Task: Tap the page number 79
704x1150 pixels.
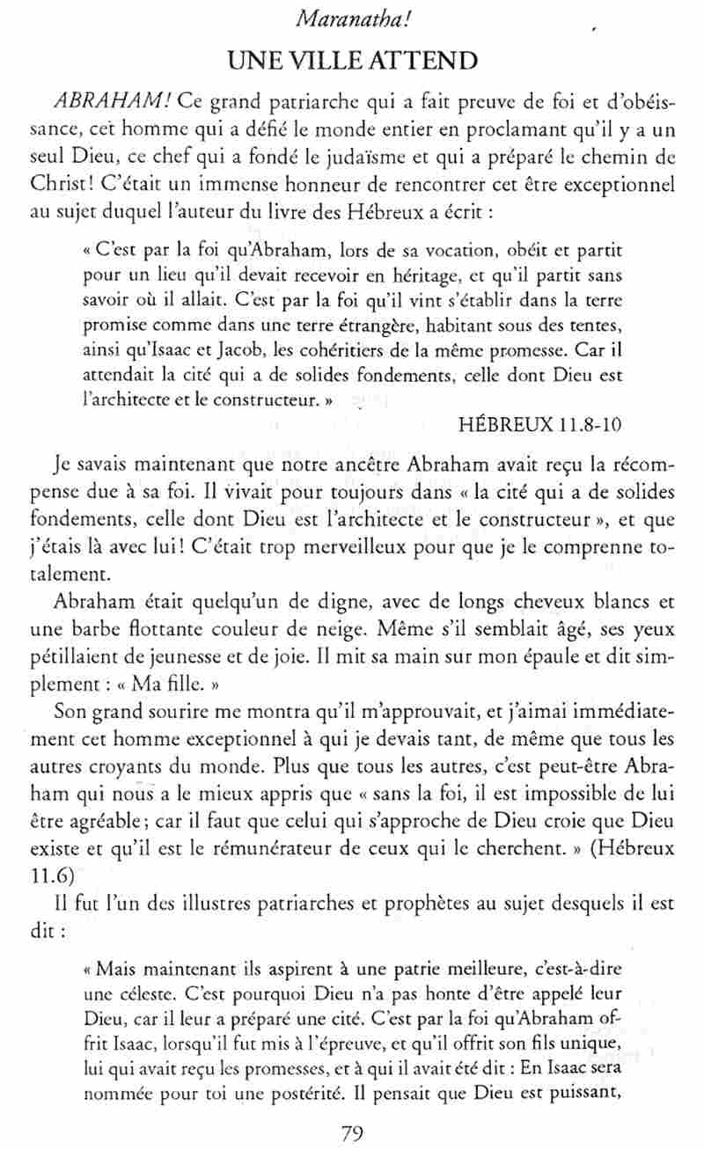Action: pyautogui.click(x=352, y=1132)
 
